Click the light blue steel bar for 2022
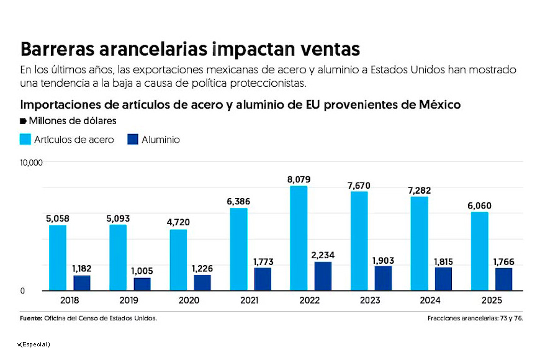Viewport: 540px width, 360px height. click(299, 238)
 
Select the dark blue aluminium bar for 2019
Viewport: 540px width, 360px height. click(142, 284)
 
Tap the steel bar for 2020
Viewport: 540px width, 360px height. click(178, 260)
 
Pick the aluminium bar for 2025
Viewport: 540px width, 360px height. click(503, 279)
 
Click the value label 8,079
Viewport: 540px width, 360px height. click(299, 179)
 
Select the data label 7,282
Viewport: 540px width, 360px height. click(419, 190)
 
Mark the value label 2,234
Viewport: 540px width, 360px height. click(323, 254)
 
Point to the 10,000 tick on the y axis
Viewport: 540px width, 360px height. click(31, 163)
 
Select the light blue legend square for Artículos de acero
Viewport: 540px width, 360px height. click(25, 139)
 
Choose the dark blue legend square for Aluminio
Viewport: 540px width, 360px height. click(132, 139)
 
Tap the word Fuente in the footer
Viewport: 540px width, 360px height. click(30, 318)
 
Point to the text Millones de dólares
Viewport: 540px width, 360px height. click(72, 120)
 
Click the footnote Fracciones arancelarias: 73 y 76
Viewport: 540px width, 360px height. click(475, 318)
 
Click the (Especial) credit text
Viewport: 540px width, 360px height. click(35, 344)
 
